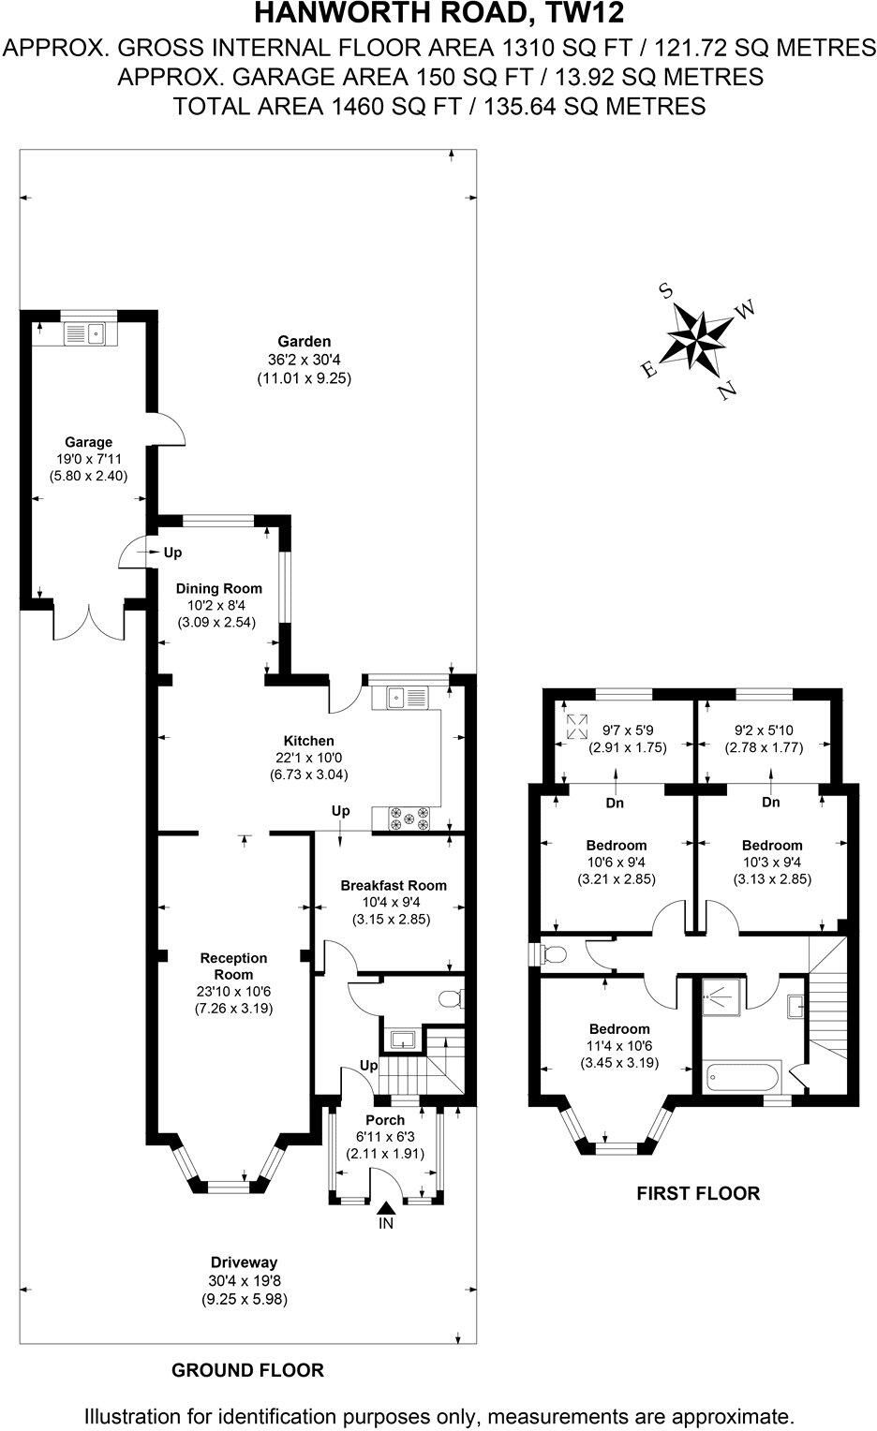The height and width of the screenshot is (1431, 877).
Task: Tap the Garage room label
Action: click(88, 442)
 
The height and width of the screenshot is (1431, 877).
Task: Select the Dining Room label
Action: click(219, 589)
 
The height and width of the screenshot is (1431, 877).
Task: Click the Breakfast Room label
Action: click(393, 885)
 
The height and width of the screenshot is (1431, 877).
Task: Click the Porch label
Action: click(385, 1120)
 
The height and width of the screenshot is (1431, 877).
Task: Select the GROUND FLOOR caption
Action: click(247, 1371)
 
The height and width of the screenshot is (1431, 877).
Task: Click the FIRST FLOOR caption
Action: click(698, 1193)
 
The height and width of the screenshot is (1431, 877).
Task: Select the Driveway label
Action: click(244, 1263)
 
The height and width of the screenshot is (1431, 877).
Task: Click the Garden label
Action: click(304, 342)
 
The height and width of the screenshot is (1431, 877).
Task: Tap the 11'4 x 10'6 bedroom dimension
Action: click(619, 1046)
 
